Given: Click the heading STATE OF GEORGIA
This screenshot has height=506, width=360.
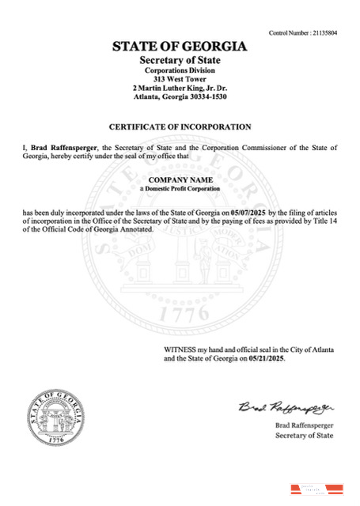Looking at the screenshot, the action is pyautogui.click(x=180, y=47).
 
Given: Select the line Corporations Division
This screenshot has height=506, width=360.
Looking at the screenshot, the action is pyautogui.click(x=180, y=70).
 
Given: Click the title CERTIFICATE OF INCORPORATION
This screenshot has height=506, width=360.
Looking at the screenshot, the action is pyautogui.click(x=180, y=126).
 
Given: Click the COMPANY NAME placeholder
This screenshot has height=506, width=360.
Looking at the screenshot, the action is pyautogui.click(x=180, y=181).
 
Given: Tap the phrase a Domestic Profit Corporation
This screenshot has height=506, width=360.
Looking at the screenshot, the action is pyautogui.click(x=180, y=190).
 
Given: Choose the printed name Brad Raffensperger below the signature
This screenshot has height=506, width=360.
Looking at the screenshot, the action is pyautogui.click(x=305, y=425).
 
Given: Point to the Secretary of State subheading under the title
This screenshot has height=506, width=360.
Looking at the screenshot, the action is pyautogui.click(x=180, y=61).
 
